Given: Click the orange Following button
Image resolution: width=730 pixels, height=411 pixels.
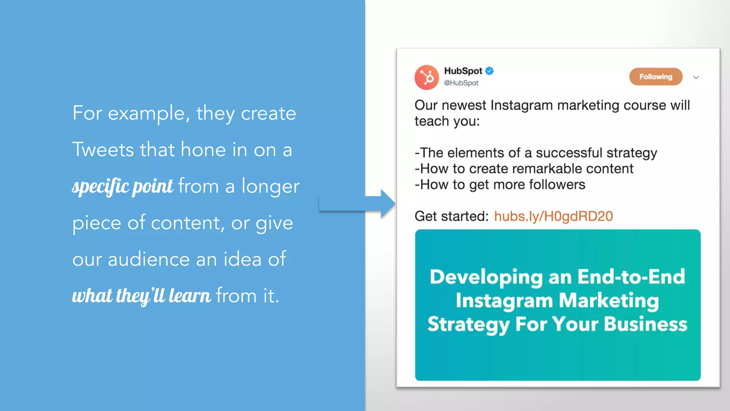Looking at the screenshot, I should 656,77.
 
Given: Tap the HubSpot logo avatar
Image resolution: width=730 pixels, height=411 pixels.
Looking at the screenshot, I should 427,77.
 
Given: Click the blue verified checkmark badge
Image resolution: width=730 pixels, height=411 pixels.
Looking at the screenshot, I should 490,71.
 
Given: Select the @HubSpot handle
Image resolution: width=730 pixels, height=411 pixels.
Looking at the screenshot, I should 461,83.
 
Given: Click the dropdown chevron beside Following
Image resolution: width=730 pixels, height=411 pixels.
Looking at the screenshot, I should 696,77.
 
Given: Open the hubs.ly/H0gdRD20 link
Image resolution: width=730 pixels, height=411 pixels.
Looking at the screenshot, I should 553,216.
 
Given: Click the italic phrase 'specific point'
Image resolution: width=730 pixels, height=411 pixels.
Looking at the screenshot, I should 122,186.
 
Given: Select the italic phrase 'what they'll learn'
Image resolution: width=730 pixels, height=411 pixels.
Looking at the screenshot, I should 142,296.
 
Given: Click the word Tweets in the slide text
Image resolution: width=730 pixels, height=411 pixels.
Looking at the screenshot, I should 103,149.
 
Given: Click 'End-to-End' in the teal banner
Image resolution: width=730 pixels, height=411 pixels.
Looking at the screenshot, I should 631,276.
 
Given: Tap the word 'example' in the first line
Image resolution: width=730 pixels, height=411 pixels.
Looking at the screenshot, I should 146,113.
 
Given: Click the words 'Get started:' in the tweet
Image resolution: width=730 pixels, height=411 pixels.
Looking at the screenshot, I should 451,216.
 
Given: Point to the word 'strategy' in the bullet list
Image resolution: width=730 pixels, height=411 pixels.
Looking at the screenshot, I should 631,153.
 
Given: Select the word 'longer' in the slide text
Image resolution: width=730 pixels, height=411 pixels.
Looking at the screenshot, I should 271,186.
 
